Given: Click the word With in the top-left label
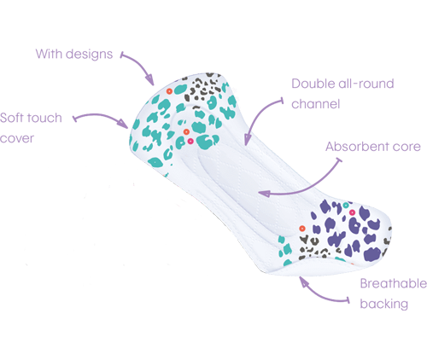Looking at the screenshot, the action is (x=49, y=54).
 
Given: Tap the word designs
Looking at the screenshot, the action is (x=89, y=55).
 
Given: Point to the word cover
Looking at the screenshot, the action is (x=17, y=138).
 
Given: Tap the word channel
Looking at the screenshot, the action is (x=316, y=104).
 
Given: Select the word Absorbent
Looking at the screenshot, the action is (x=357, y=147).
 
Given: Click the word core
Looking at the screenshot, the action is (x=407, y=147).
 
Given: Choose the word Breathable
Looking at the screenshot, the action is (x=394, y=283).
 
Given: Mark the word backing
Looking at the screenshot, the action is (x=384, y=304).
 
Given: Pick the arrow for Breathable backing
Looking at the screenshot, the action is (x=319, y=296).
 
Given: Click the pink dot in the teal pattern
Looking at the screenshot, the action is (x=190, y=141).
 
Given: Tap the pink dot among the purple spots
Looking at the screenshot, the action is (x=352, y=212).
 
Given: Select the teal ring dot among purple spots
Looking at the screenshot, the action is (x=346, y=205).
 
